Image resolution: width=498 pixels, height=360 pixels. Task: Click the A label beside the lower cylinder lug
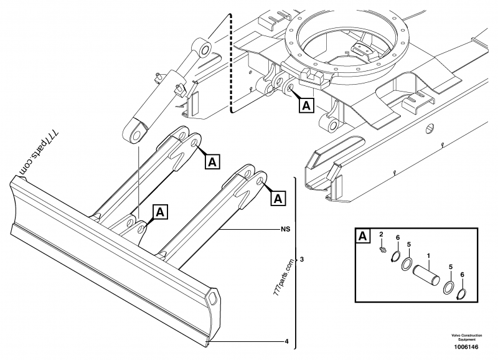pyautogui.click(x=160, y=212)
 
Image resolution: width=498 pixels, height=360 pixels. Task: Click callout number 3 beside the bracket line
pyautogui.click(x=302, y=258)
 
